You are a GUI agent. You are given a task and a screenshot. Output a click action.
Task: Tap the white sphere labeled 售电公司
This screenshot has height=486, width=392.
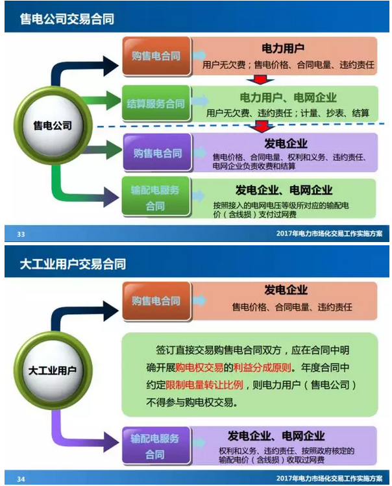(53, 126)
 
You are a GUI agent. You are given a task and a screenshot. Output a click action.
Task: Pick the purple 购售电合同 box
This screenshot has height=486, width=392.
(157, 153)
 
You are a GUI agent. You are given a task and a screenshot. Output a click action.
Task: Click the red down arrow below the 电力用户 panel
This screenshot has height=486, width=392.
(261, 80)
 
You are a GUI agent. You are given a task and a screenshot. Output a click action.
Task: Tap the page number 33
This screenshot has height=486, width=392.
(21, 234)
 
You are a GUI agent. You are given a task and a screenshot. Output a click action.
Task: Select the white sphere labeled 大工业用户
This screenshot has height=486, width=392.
(53, 371)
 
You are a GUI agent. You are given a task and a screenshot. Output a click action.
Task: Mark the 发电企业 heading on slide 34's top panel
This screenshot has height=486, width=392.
(286, 289)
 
